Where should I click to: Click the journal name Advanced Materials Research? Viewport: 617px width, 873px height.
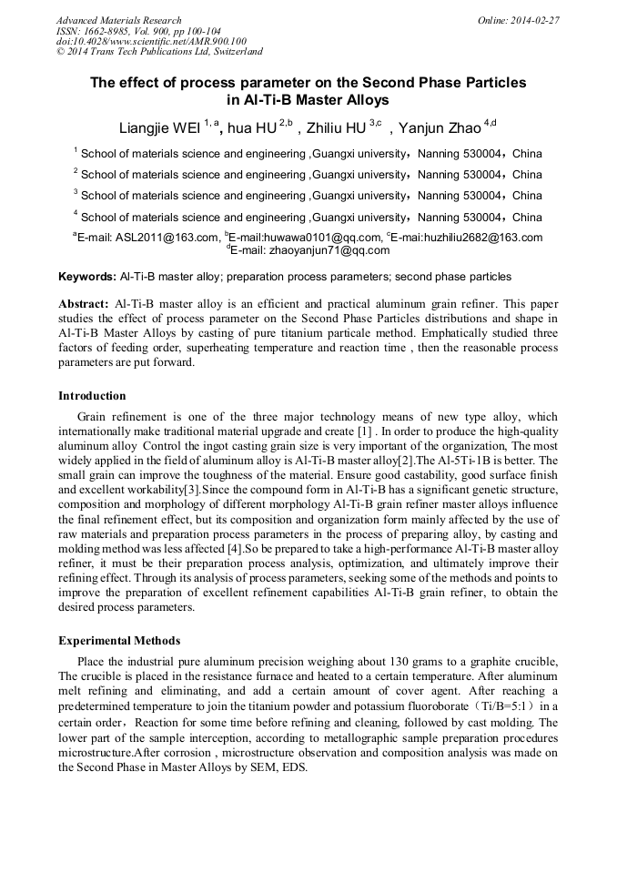(x=118, y=20)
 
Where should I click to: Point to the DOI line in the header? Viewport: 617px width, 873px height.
(x=151, y=41)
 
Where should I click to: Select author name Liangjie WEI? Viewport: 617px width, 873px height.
(x=160, y=126)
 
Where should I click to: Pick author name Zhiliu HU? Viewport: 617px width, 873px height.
(x=337, y=126)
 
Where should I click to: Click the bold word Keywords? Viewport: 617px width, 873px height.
(x=86, y=276)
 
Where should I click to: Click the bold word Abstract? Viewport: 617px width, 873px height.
(x=84, y=303)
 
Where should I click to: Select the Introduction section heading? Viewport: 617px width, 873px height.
(x=92, y=396)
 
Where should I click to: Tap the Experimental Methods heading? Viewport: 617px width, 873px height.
(x=119, y=641)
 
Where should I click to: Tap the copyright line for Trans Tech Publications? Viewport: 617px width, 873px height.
(x=159, y=52)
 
